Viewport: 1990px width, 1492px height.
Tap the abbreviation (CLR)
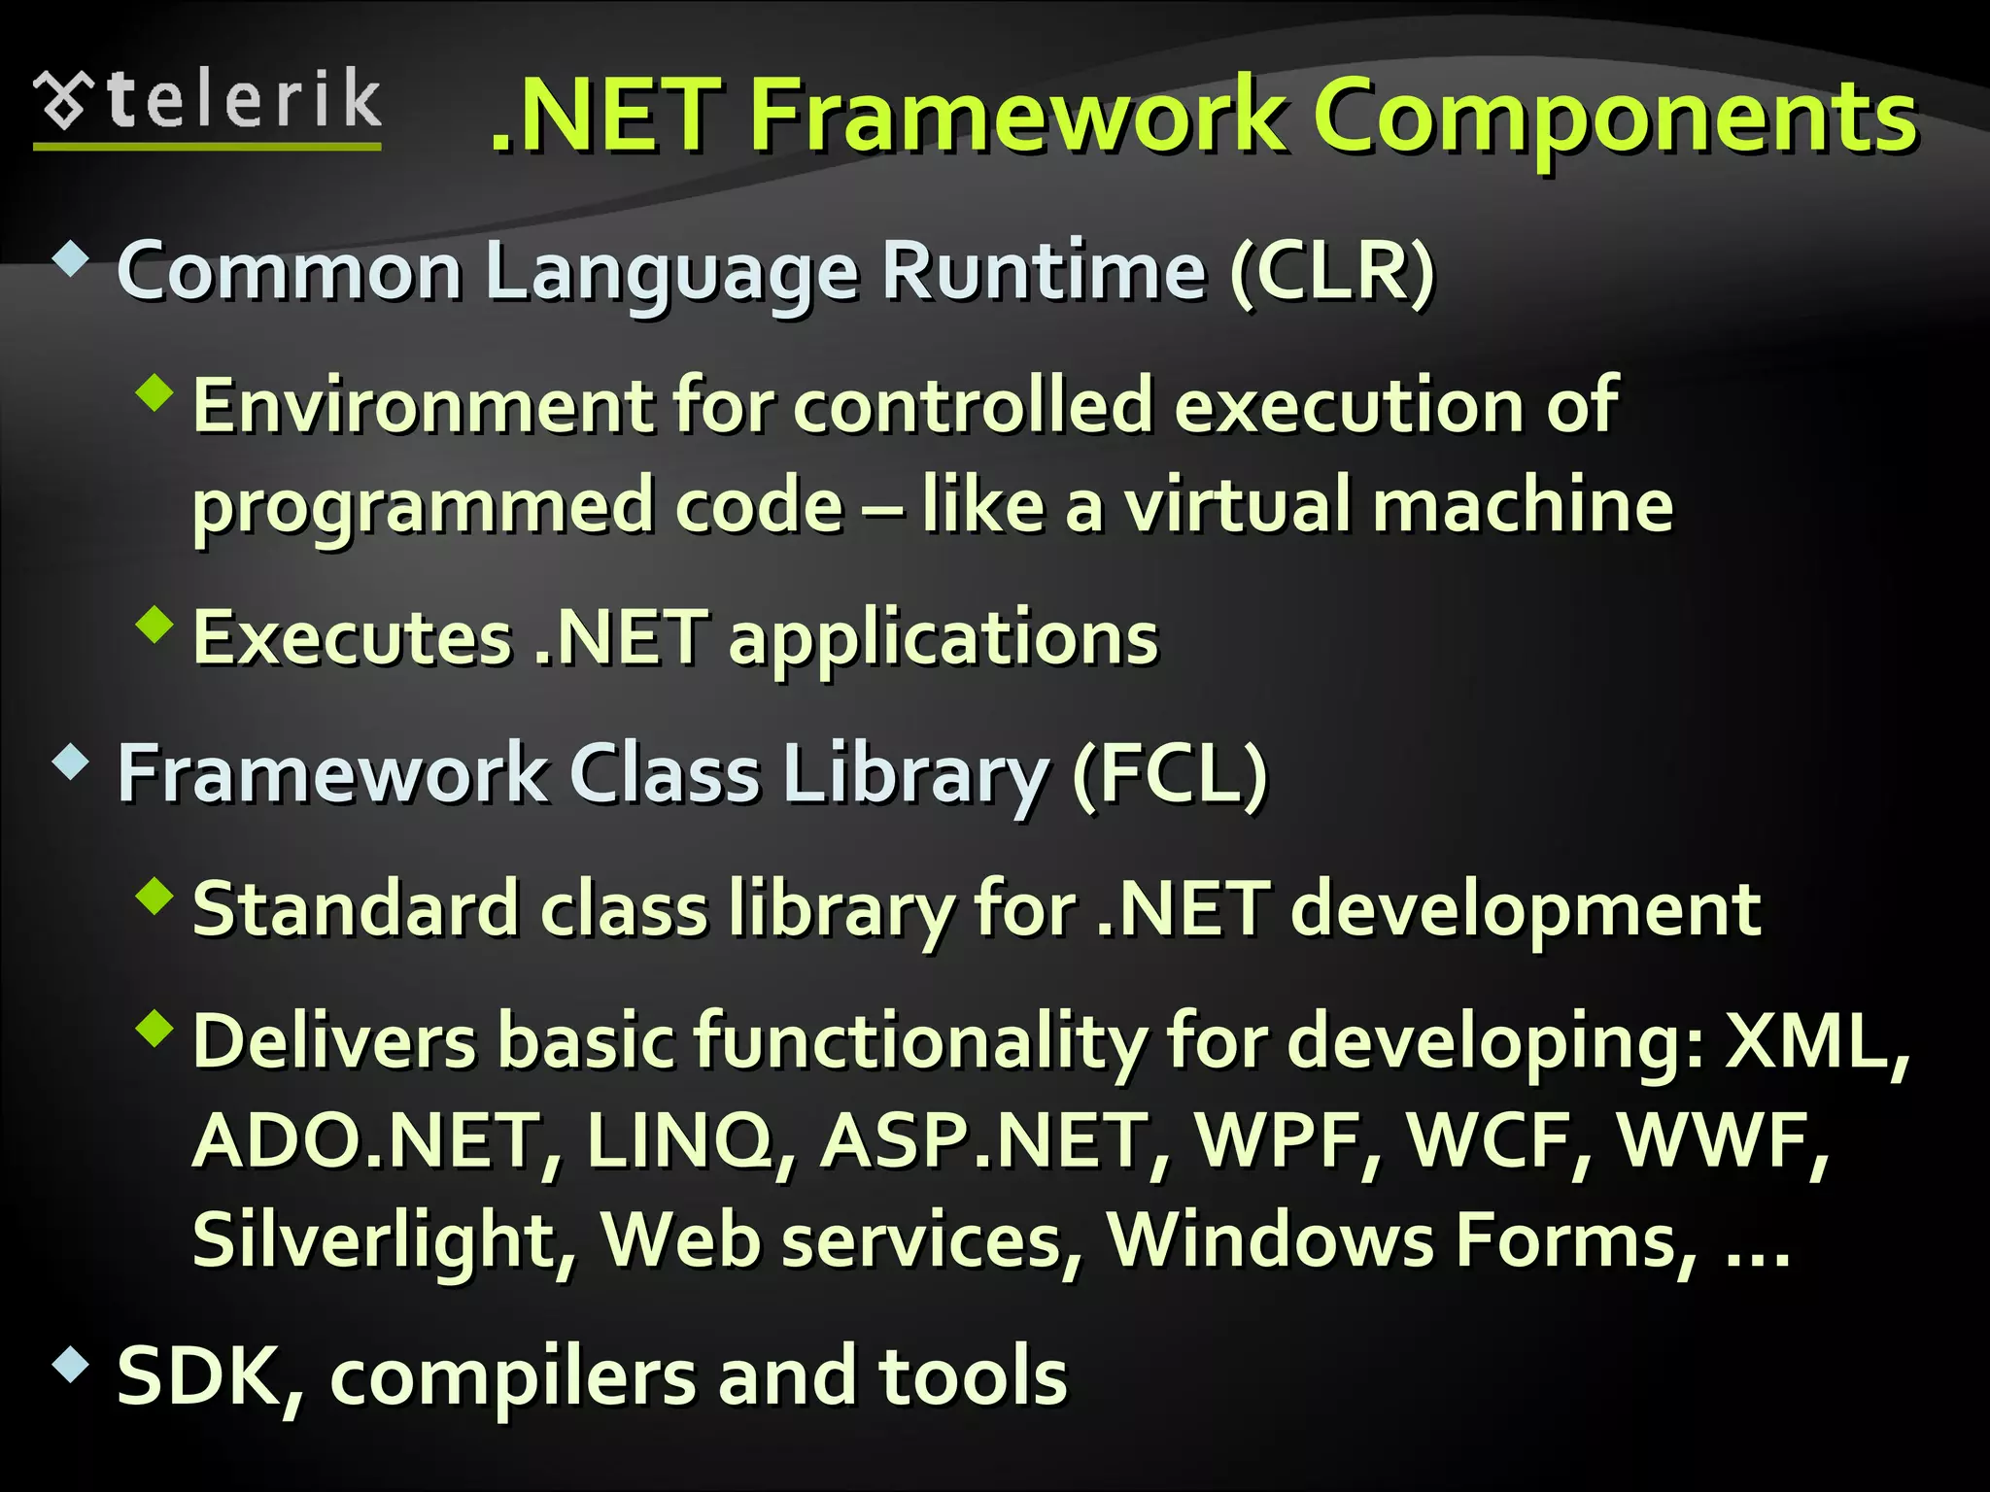pyautogui.click(x=1331, y=272)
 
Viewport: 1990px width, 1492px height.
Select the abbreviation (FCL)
pyautogui.click(x=1170, y=774)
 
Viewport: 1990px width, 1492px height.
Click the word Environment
pyautogui.click(x=424, y=405)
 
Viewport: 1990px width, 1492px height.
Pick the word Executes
pyautogui.click(x=352, y=638)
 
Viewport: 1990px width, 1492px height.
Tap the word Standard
pyautogui.click(x=354, y=909)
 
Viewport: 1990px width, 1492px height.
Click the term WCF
pyautogui.click(x=1496, y=1140)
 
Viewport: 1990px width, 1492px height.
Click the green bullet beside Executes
pyautogui.click(x=154, y=625)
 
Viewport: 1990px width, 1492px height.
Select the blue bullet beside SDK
pyautogui.click(x=71, y=1364)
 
